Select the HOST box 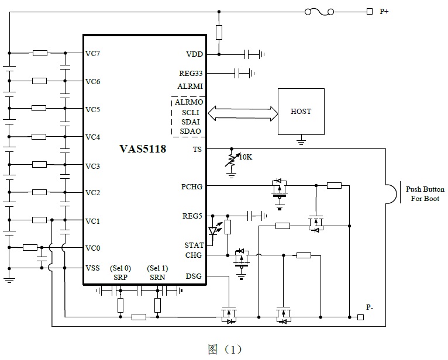(301, 111)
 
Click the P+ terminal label (384, 11)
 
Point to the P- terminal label (370, 307)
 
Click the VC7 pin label (92, 54)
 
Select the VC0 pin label (92, 248)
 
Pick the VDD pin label (194, 54)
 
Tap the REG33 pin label (191, 74)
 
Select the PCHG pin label (192, 187)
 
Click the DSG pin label (194, 276)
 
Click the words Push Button (425, 189)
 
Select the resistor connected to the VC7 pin (40, 53)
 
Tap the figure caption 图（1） (225, 349)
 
